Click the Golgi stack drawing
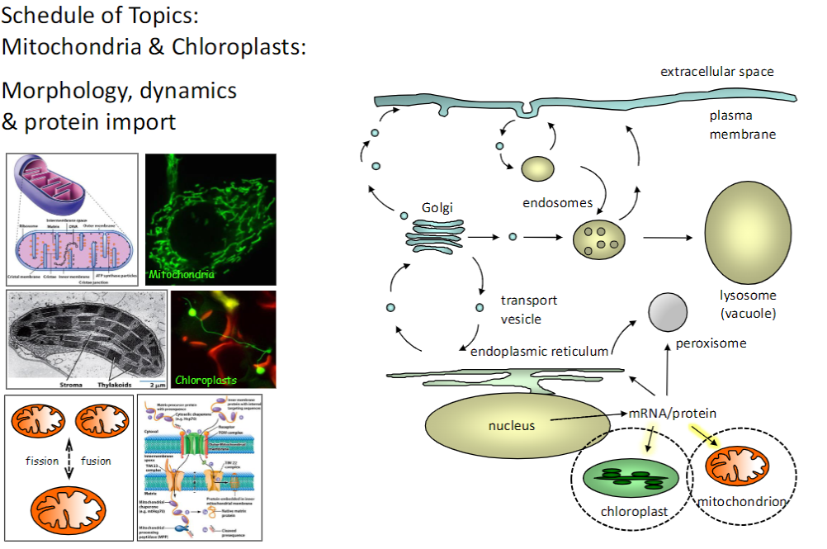pos(435,237)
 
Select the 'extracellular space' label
pos(716,72)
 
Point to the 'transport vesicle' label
pos(528,309)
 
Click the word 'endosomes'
pos(558,201)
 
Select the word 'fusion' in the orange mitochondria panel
pos(96,461)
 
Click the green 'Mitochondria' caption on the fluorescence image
pos(181,274)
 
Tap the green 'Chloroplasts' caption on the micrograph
pos(206,381)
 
